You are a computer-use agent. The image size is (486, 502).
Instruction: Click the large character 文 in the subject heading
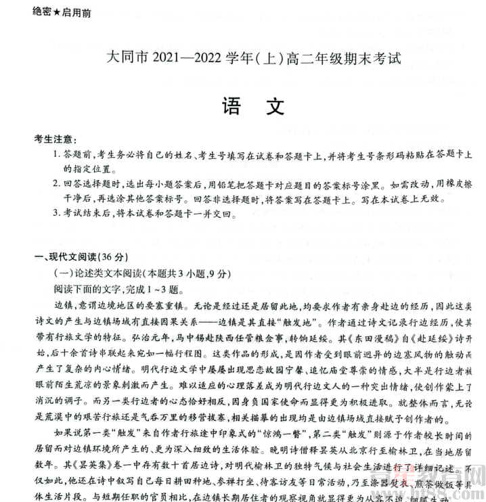[x=273, y=106]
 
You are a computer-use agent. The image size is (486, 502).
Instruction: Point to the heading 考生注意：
[x=56, y=139]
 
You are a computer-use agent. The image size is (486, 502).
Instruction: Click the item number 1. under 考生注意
[x=57, y=155]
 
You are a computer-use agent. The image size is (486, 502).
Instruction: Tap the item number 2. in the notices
[x=57, y=184]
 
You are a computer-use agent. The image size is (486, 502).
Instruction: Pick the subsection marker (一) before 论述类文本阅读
[x=63, y=273]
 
